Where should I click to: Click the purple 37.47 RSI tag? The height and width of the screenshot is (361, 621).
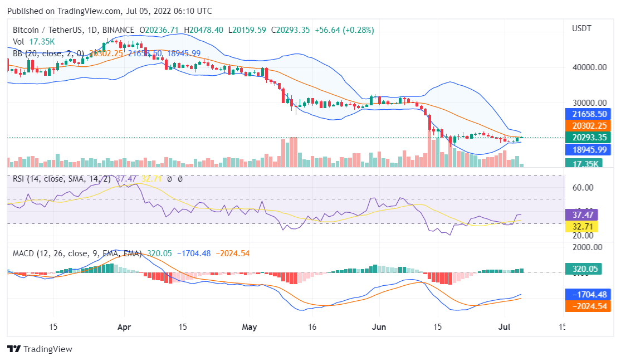(581, 214)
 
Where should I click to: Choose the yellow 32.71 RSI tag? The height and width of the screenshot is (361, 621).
(581, 227)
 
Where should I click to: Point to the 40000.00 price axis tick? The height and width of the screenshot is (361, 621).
(589, 67)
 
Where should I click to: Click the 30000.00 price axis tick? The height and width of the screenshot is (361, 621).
(589, 103)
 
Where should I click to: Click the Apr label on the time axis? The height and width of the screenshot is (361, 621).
(124, 327)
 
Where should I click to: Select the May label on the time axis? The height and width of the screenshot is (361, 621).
(250, 327)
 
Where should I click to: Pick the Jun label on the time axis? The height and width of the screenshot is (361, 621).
(379, 327)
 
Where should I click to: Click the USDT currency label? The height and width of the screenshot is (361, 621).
(581, 28)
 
